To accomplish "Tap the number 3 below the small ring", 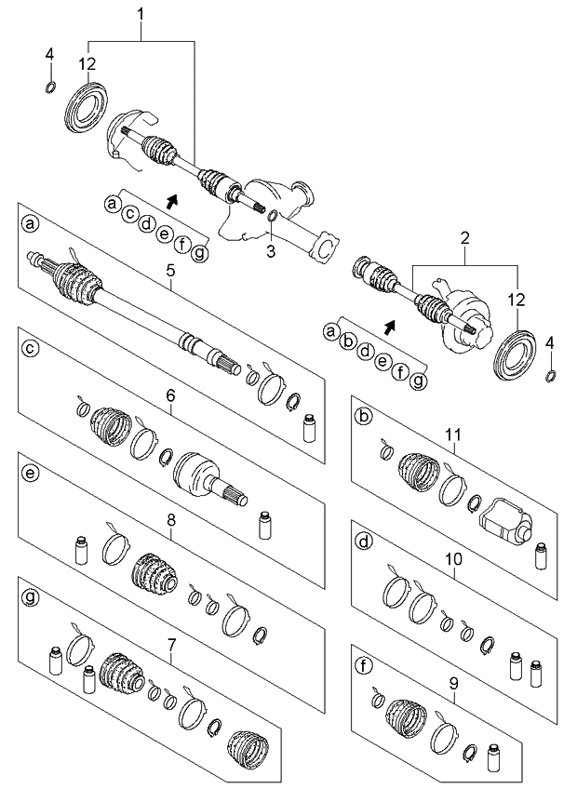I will (x=271, y=249).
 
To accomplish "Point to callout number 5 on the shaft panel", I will (x=170, y=271).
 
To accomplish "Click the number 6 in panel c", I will (x=170, y=395).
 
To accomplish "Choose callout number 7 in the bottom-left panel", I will (x=170, y=658).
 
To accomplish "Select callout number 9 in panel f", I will (x=453, y=683).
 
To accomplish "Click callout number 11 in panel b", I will (x=453, y=433).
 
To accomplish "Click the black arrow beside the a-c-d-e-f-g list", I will (x=170, y=199).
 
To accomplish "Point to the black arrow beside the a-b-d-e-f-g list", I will (x=389, y=326).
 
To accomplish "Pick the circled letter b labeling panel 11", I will (x=364, y=417).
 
